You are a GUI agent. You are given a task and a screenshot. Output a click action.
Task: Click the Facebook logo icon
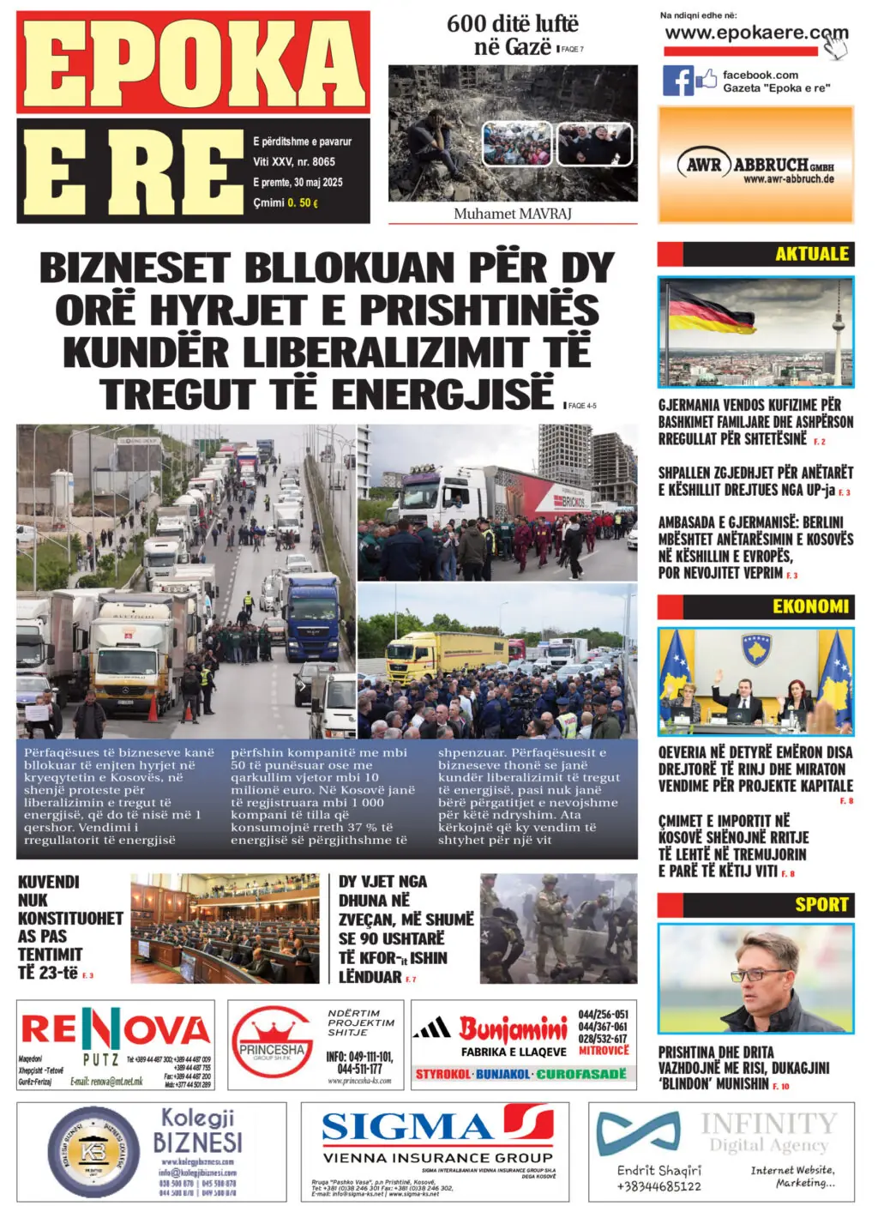point(677,81)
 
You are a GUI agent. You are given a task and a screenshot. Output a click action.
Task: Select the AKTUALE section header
point(811,254)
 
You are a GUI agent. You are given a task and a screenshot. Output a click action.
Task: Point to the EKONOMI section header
point(810,606)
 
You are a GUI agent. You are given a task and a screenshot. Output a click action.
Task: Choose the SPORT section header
point(821,904)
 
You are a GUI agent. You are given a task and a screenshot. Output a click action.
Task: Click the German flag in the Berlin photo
point(711,311)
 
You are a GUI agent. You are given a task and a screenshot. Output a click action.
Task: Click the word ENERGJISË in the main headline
point(442,394)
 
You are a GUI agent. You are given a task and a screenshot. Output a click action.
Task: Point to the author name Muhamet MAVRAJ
point(513,214)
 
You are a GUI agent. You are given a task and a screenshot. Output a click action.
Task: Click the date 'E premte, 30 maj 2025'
point(298,182)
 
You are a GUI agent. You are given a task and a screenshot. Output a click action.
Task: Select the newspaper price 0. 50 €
point(303,203)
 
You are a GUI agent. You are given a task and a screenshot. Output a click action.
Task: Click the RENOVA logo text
point(115,1029)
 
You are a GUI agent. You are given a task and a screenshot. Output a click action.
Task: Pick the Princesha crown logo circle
point(272,1042)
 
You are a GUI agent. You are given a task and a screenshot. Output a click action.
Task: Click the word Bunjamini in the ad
point(513,1028)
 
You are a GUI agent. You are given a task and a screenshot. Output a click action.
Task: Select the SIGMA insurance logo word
point(406,1126)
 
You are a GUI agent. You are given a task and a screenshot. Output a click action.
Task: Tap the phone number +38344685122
point(658,1186)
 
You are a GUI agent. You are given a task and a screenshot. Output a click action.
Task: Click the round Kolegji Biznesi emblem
point(93,1152)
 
